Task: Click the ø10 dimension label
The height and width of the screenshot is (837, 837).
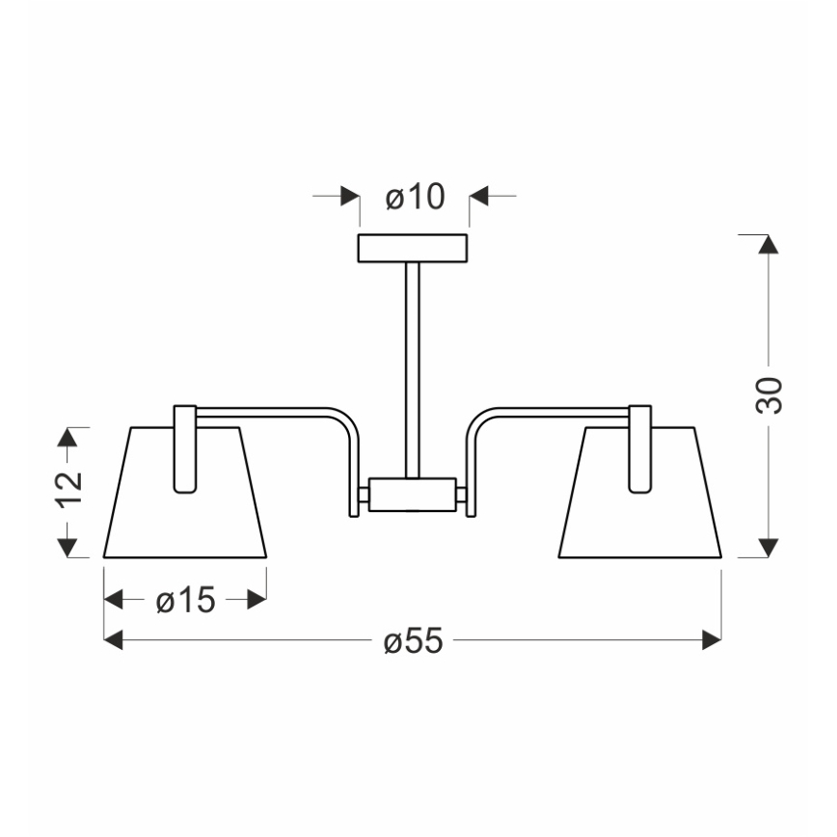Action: click(x=415, y=197)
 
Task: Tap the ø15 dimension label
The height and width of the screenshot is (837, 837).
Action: click(x=186, y=600)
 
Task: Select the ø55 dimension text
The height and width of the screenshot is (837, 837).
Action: click(x=414, y=639)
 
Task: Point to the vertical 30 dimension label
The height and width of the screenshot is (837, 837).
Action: click(x=769, y=395)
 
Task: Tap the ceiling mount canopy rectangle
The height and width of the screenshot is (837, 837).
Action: click(x=413, y=248)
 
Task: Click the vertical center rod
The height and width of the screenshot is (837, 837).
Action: click(x=412, y=370)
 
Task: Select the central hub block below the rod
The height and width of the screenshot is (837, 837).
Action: click(x=412, y=495)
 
